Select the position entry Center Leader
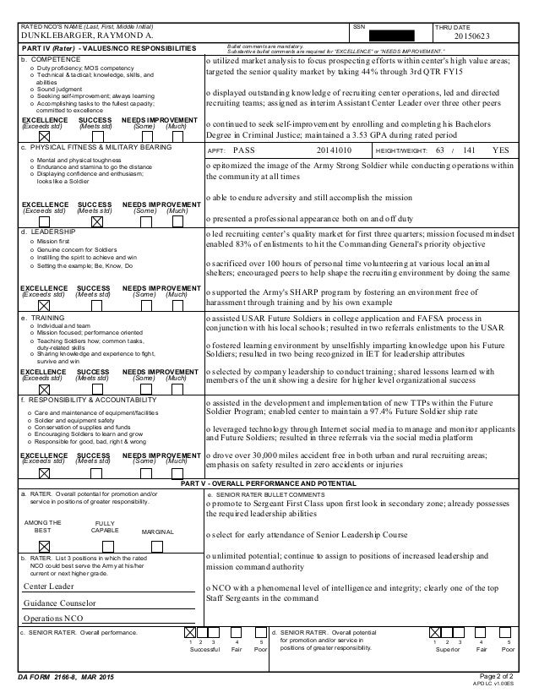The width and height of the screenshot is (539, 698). point(50,586)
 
